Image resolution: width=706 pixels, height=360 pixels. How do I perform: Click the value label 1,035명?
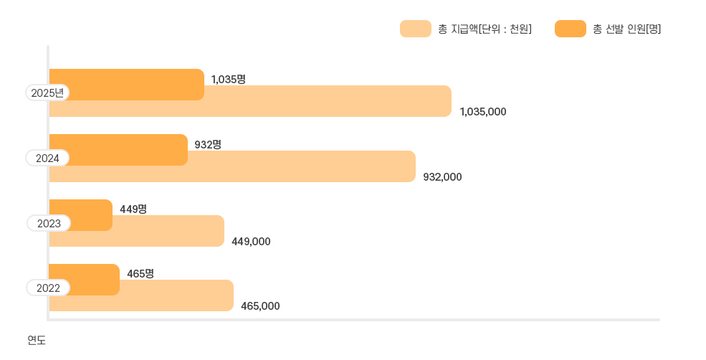[x=229, y=79]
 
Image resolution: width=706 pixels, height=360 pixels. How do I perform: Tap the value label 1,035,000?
[x=483, y=112]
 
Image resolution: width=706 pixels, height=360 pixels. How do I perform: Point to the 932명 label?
[x=208, y=144]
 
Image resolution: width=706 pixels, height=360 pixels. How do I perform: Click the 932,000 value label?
[x=443, y=176]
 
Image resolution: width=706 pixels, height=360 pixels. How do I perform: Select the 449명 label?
[x=133, y=209]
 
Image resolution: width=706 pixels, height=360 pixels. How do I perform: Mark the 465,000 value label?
[x=260, y=306]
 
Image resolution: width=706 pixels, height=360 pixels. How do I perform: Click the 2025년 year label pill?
[x=47, y=93]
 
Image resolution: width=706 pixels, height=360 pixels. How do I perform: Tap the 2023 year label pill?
[x=49, y=223]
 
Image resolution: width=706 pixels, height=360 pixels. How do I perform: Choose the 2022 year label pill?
[x=49, y=288]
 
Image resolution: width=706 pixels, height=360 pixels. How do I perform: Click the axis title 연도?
[x=37, y=340]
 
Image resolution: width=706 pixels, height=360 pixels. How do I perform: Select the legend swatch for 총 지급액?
[x=415, y=29]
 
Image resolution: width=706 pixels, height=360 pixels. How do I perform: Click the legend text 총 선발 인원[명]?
[x=627, y=29]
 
